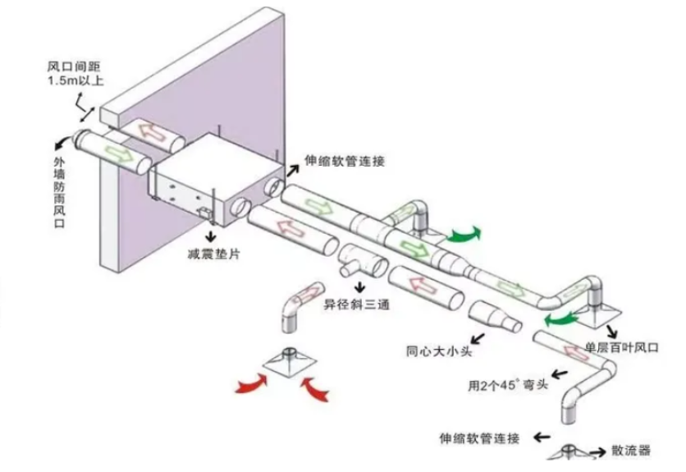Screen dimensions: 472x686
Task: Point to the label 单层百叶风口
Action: point(622,347)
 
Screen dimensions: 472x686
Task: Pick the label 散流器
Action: point(632,451)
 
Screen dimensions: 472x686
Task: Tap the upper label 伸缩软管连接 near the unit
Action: point(344,162)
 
